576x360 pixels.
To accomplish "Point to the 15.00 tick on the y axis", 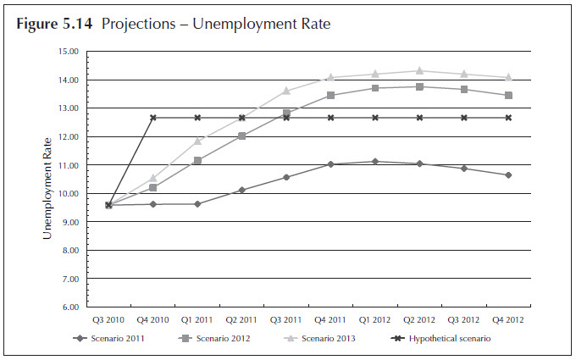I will [x=68, y=52].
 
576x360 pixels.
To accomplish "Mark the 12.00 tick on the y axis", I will [x=68, y=137].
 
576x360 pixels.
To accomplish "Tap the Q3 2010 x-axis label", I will [x=108, y=319].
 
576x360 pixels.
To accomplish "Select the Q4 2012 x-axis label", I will [x=508, y=319].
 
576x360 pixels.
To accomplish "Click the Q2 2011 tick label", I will [x=242, y=319].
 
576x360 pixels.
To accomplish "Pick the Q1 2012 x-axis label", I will [x=375, y=319].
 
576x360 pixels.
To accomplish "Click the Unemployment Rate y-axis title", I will [x=48, y=179].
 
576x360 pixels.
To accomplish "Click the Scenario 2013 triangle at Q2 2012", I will [x=419, y=70].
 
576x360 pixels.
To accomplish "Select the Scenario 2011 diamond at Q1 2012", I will [x=375, y=161].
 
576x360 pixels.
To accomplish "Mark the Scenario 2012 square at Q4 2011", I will [x=330, y=95].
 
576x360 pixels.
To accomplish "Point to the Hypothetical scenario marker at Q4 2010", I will [x=153, y=118].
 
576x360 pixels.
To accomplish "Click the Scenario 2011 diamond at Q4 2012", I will [x=508, y=174].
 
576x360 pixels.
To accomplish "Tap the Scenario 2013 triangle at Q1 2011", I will [x=197, y=141].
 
